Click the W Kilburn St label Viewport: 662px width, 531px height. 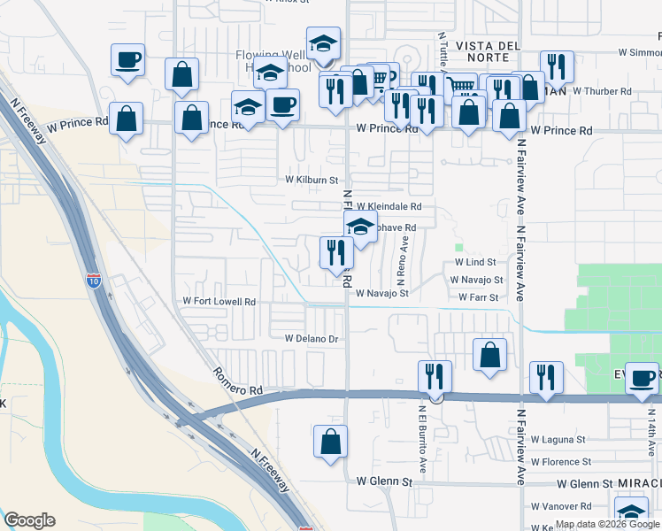point(312,180)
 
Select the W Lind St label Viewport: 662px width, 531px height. point(475,263)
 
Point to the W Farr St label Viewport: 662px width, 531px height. point(479,297)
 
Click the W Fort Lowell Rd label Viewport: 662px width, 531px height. point(219,302)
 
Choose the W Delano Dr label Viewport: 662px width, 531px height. point(312,339)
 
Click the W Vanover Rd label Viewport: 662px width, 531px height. point(561,507)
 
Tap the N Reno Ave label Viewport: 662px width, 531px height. point(404,254)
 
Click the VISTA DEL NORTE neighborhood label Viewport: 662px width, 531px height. point(491,45)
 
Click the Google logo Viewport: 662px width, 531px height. point(29,520)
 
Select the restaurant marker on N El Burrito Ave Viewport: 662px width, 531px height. point(435,378)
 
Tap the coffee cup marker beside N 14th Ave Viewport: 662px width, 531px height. point(643,379)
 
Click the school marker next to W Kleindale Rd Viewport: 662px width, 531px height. point(360,227)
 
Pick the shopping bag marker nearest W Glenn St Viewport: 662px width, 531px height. point(330,442)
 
